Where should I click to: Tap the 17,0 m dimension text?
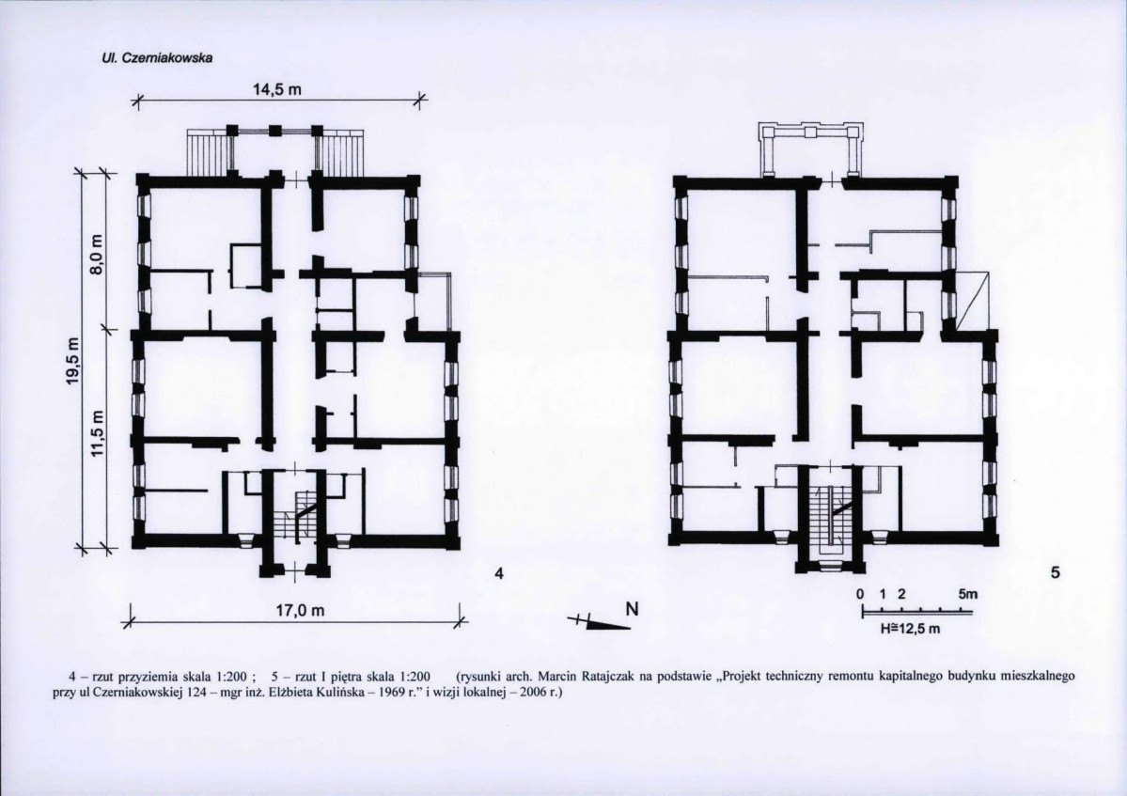point(301,611)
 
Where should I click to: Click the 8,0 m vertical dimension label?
point(99,255)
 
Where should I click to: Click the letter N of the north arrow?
point(632,609)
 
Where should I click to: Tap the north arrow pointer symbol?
point(599,622)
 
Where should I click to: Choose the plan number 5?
point(1056,572)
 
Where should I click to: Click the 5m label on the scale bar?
point(967,595)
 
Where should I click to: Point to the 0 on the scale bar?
point(860,595)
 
